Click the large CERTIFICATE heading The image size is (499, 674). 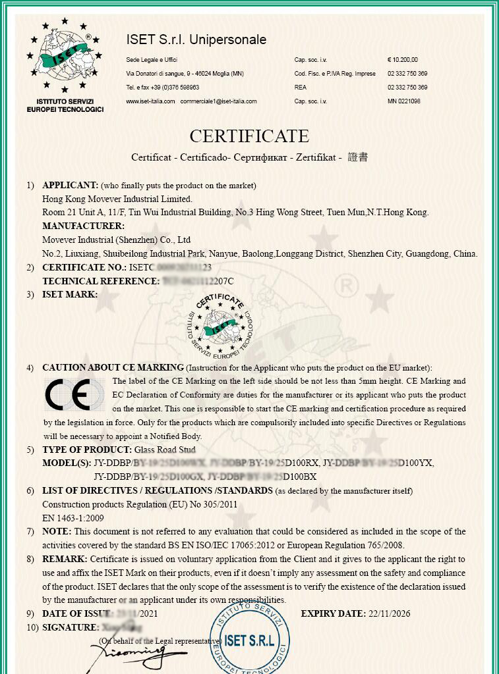tap(249, 136)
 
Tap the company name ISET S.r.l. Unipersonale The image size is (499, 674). tap(196, 40)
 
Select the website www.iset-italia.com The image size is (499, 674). tap(150, 101)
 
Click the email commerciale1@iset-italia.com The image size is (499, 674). tap(218, 101)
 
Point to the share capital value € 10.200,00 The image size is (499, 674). tap(402, 60)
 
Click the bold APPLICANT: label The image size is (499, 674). tap(71, 185)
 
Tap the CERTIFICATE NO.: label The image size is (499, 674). tap(84, 267)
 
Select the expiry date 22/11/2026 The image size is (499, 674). tap(388, 613)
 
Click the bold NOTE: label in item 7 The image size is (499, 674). tap(57, 531)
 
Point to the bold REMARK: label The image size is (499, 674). tap(65, 559)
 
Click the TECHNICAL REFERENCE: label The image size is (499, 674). tap(101, 281)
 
